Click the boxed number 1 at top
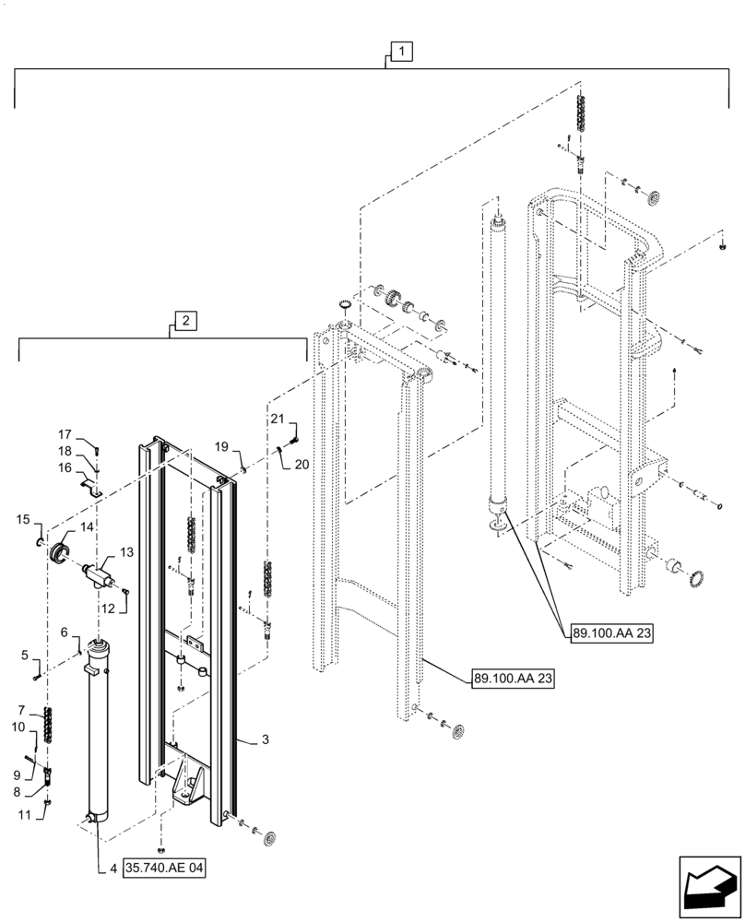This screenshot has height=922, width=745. click(x=402, y=53)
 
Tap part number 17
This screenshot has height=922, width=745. click(x=65, y=434)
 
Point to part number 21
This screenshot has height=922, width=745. click(x=277, y=420)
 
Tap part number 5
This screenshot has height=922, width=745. click(x=24, y=656)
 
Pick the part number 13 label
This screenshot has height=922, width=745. click(x=127, y=551)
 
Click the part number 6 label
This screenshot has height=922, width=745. click(x=65, y=632)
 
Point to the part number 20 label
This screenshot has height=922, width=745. click(x=302, y=466)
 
